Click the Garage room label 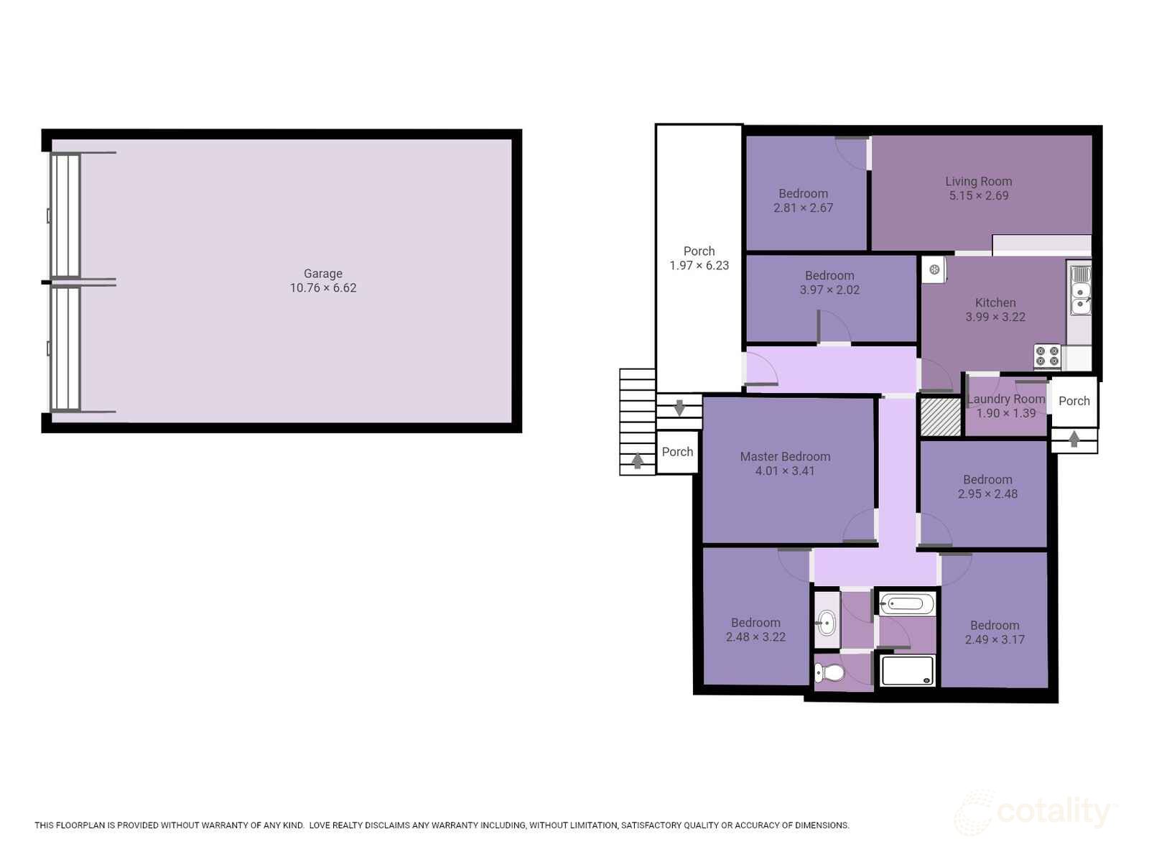coord(322,274)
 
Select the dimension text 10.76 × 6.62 coord(322,288)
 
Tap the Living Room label coord(978,182)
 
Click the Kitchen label coord(995,302)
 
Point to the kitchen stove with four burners coord(1047,356)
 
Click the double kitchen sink coord(1080,290)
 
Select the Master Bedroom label coord(785,457)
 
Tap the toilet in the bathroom coord(829,673)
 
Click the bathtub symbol coord(906,604)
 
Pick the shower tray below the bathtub coord(906,671)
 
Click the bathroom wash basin coord(827,622)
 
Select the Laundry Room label coord(1006,399)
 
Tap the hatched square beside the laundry coord(940,417)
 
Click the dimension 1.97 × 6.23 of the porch coord(699,266)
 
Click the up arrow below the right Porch coord(1074,439)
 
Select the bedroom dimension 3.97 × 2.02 coord(829,290)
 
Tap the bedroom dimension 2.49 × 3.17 coord(994,640)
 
